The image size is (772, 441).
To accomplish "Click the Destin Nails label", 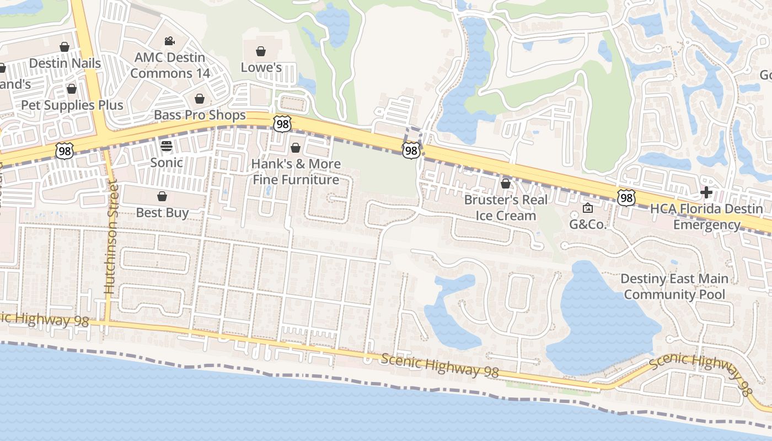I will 65,63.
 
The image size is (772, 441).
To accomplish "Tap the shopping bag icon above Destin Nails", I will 65,47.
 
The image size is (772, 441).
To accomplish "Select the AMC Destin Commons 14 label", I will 170,65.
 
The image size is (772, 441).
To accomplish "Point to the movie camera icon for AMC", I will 169,41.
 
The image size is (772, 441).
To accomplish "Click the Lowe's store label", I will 261,67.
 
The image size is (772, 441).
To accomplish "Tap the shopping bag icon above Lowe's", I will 261,51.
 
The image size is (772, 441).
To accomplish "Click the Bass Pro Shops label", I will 200,115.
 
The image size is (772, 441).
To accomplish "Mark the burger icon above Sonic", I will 167,146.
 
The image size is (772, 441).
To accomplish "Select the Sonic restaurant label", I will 167,163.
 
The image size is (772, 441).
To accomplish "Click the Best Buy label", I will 162,213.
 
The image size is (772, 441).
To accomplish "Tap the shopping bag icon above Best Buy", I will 162,196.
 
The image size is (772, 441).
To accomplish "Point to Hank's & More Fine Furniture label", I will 296,171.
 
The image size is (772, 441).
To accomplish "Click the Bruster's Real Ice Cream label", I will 506,207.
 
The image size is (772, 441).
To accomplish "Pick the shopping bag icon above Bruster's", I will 506,184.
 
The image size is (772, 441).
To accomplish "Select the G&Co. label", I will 588,224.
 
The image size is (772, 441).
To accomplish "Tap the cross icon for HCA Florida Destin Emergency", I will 706,192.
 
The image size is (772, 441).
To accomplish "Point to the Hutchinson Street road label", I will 111,238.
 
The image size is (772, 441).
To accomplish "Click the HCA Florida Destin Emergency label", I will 707,217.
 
